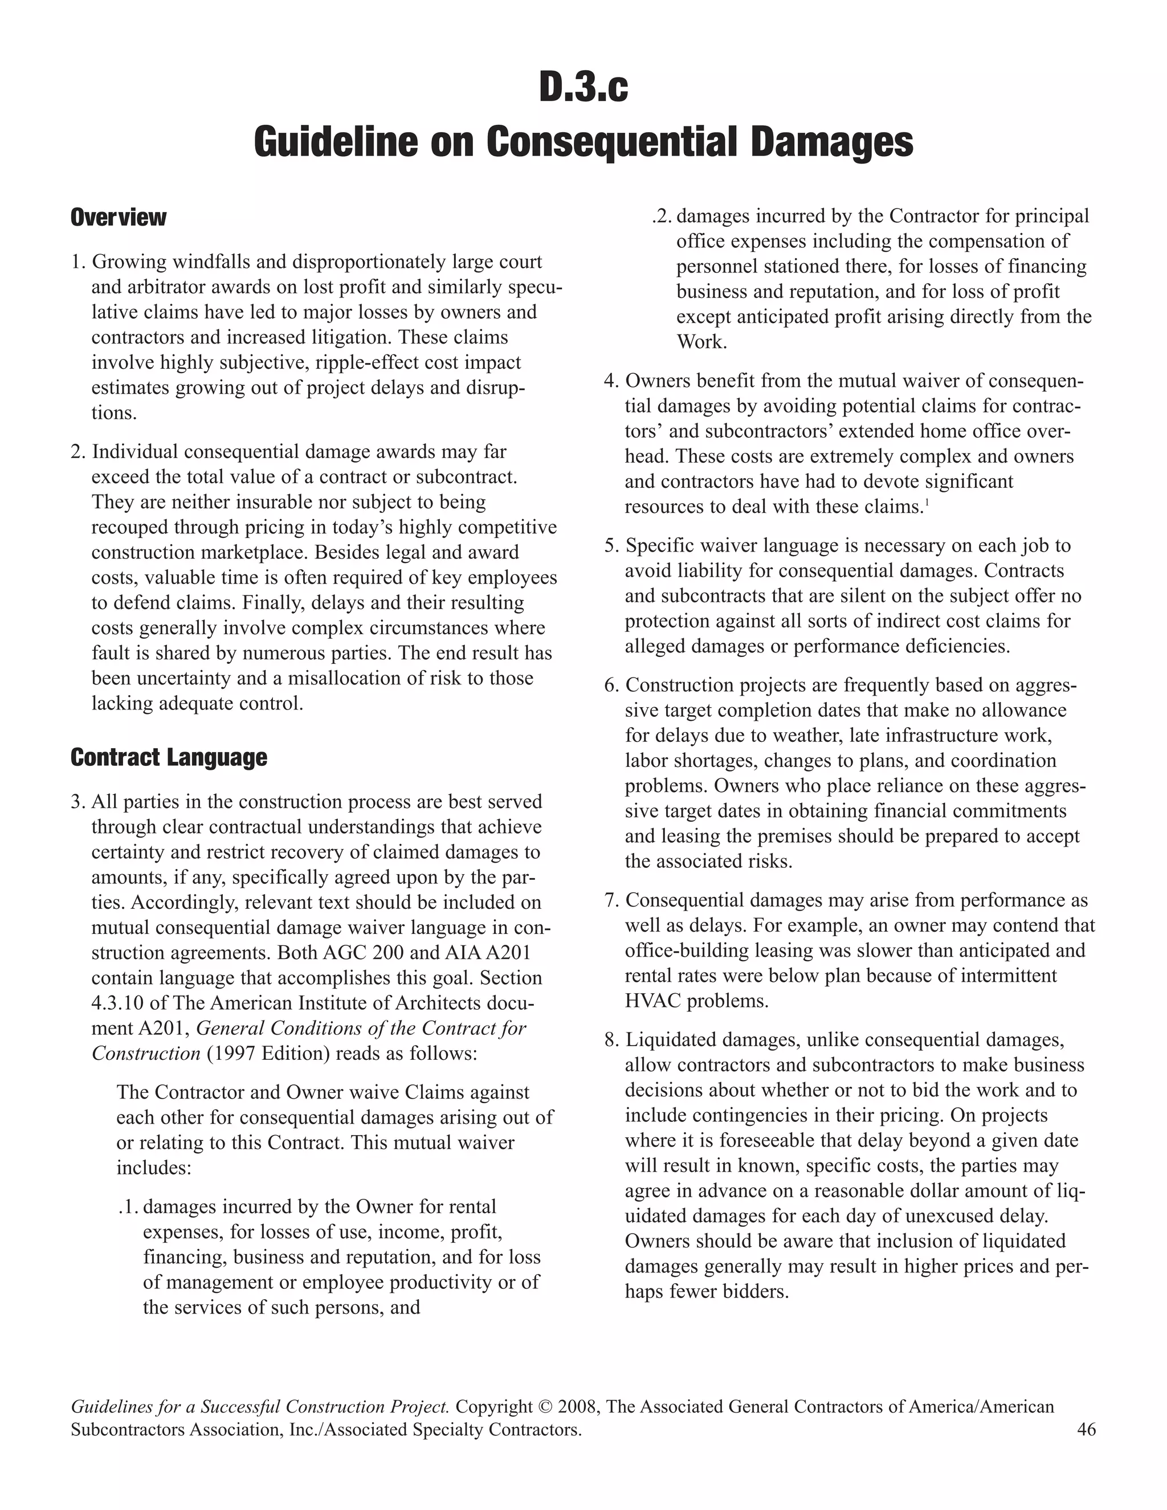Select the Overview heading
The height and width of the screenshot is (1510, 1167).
118,217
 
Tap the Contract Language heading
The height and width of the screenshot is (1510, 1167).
169,757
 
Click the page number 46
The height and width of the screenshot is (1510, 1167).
1086,1429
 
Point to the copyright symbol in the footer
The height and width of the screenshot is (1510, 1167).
544,1407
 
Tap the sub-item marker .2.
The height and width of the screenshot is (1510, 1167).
662,217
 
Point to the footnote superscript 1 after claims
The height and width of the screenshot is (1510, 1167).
926,502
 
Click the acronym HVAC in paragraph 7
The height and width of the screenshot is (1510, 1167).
652,1001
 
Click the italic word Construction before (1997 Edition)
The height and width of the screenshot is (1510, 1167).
146,1053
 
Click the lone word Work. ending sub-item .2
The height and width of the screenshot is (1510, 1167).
701,342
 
